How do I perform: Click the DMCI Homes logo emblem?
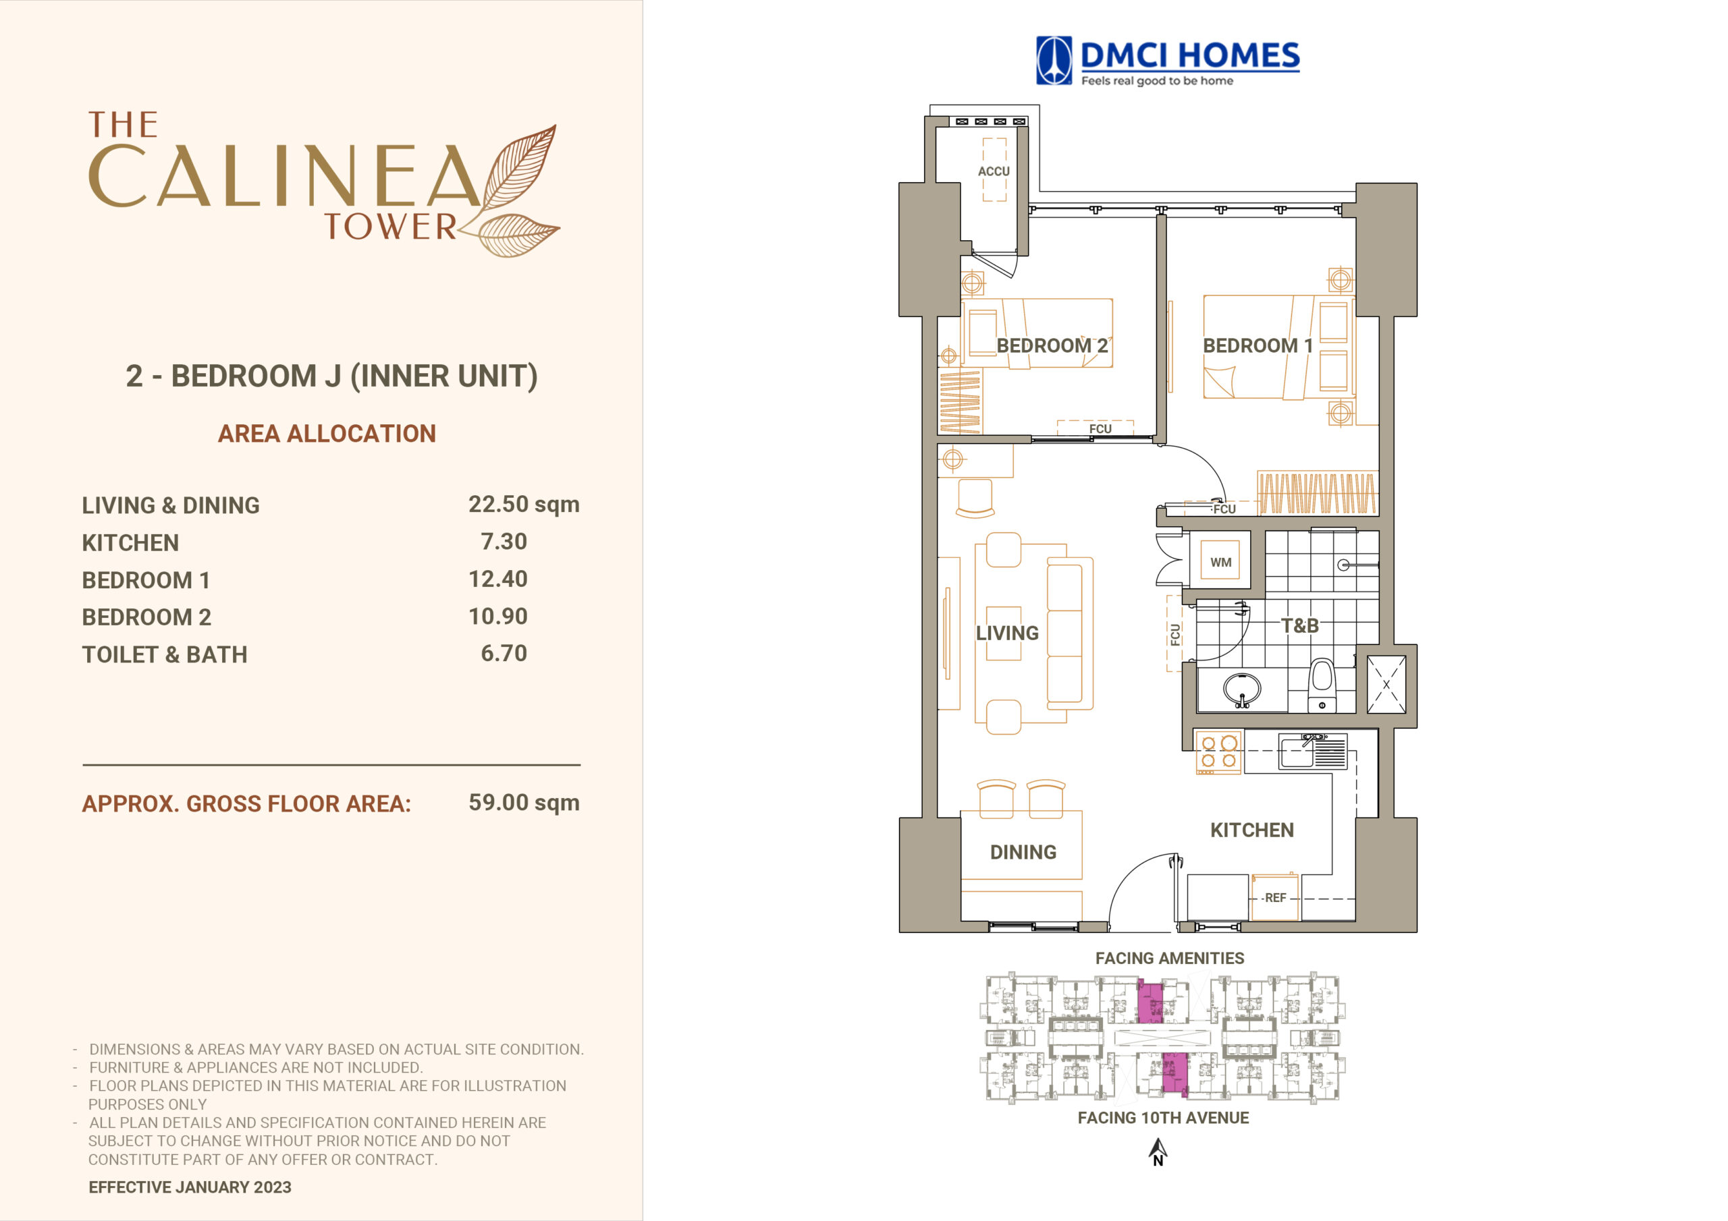[1054, 60]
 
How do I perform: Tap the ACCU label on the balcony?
[994, 171]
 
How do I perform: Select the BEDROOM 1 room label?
[1258, 345]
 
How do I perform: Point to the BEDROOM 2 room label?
[1052, 345]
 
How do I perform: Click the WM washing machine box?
[1220, 561]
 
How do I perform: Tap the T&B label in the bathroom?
[1300, 625]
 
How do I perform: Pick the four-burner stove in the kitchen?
[1218, 752]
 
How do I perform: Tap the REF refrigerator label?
[1275, 897]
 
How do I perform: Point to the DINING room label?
[1023, 853]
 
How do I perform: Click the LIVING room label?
[1007, 633]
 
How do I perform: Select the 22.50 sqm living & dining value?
[524, 504]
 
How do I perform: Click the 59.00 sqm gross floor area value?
[524, 802]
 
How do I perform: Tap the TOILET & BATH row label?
[165, 654]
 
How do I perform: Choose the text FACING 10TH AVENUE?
[1163, 1118]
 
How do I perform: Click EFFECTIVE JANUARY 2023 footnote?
[190, 1187]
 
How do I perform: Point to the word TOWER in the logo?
[390, 227]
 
